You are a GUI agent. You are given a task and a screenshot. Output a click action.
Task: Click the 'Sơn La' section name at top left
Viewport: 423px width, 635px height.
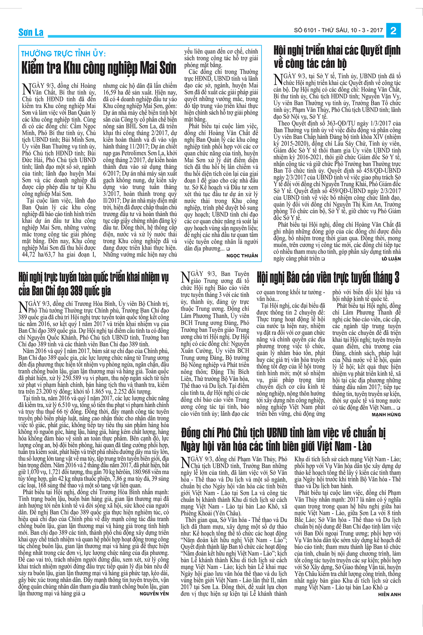(31, 32)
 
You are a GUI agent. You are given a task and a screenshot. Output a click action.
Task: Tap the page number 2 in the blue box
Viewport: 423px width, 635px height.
(393, 30)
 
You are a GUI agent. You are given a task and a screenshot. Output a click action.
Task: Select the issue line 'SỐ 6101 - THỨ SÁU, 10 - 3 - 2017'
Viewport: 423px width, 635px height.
(338, 30)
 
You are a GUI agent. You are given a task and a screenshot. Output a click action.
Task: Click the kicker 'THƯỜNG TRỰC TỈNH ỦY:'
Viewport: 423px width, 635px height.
(63, 54)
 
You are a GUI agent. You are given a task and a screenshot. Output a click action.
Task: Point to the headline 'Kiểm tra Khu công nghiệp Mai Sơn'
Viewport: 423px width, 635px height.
(99, 68)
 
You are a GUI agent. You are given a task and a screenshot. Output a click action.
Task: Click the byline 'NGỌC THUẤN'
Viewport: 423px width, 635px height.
(242, 256)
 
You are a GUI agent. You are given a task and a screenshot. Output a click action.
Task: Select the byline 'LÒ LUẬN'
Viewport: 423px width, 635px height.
(391, 259)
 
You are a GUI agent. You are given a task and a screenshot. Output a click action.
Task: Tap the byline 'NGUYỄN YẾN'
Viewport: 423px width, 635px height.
(154, 594)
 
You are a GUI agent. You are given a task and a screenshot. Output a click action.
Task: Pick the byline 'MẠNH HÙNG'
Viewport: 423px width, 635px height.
(386, 415)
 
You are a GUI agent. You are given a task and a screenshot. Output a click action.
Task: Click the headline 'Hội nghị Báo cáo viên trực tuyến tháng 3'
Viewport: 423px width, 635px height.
(328, 278)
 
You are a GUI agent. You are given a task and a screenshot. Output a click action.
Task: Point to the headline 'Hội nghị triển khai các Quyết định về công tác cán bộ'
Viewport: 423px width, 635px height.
(337, 56)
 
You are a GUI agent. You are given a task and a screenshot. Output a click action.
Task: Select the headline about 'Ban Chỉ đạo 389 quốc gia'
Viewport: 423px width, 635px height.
(93, 284)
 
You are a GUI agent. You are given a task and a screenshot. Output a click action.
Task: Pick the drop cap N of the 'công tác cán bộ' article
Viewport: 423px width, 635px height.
(278, 79)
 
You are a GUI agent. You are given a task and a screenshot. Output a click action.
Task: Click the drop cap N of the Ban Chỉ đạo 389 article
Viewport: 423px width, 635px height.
(23, 307)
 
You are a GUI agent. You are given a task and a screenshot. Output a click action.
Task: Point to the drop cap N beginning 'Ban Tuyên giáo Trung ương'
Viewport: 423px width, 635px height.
(185, 277)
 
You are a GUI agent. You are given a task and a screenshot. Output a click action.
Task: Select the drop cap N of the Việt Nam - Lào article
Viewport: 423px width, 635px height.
(185, 462)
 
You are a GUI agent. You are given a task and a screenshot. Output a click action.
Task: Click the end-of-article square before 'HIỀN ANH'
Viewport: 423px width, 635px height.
(386, 588)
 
